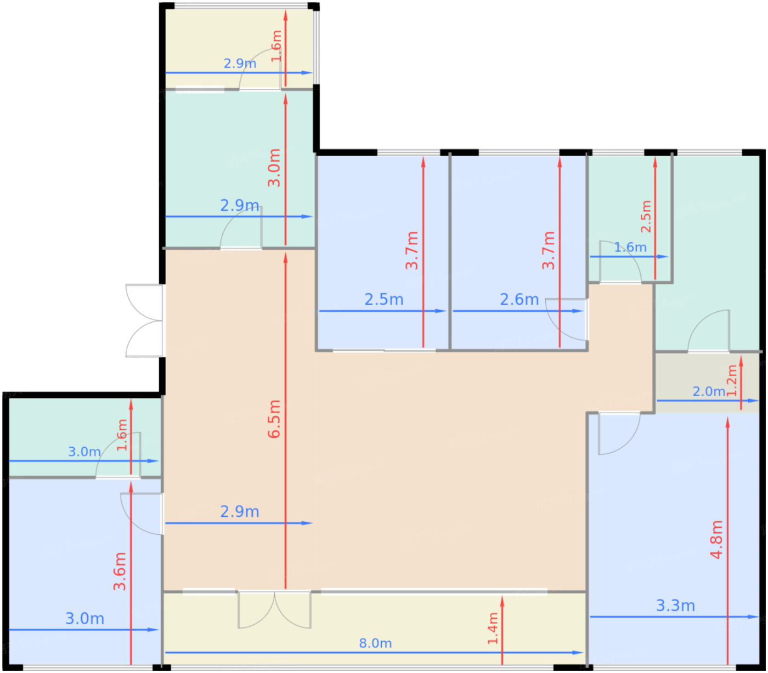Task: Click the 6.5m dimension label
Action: click(274, 419)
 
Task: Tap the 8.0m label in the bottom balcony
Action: click(375, 643)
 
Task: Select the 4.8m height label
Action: click(716, 540)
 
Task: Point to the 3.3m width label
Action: click(675, 606)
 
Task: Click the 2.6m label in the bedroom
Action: click(519, 300)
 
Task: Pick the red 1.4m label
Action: click(493, 628)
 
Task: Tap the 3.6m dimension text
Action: click(120, 572)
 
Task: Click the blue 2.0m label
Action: click(709, 391)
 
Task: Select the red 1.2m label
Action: click(733, 380)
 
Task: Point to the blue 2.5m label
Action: click(384, 300)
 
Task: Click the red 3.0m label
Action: click(274, 168)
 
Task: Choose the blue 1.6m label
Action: click(630, 247)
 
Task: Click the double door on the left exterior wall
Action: click(145, 321)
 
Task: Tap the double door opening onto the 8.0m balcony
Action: click(274, 609)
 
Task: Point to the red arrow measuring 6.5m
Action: click(285, 421)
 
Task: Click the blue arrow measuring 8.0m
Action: click(375, 653)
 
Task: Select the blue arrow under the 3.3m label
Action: click(674, 617)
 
